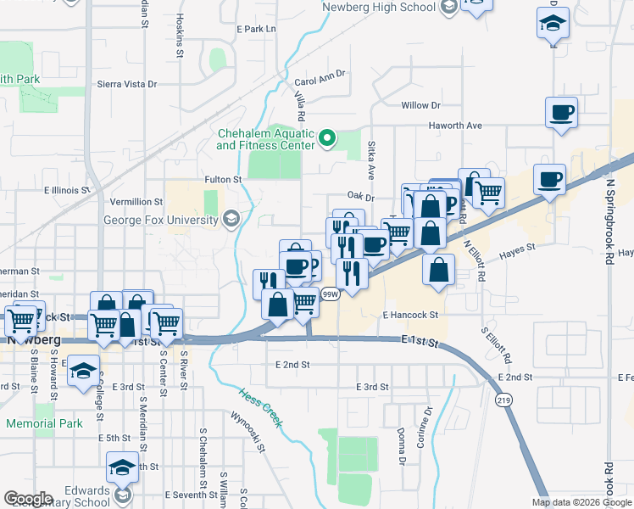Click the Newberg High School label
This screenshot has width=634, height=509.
click(380, 8)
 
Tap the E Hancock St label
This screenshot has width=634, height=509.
click(409, 315)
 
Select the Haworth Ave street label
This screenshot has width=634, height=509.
click(453, 126)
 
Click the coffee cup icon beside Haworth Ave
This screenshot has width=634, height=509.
click(562, 112)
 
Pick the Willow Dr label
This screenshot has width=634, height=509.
click(421, 105)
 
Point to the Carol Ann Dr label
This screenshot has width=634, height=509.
click(321, 78)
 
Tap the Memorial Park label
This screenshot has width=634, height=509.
click(43, 423)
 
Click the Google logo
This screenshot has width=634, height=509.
click(28, 499)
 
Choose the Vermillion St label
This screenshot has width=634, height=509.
click(136, 202)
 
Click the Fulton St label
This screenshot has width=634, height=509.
click(224, 180)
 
